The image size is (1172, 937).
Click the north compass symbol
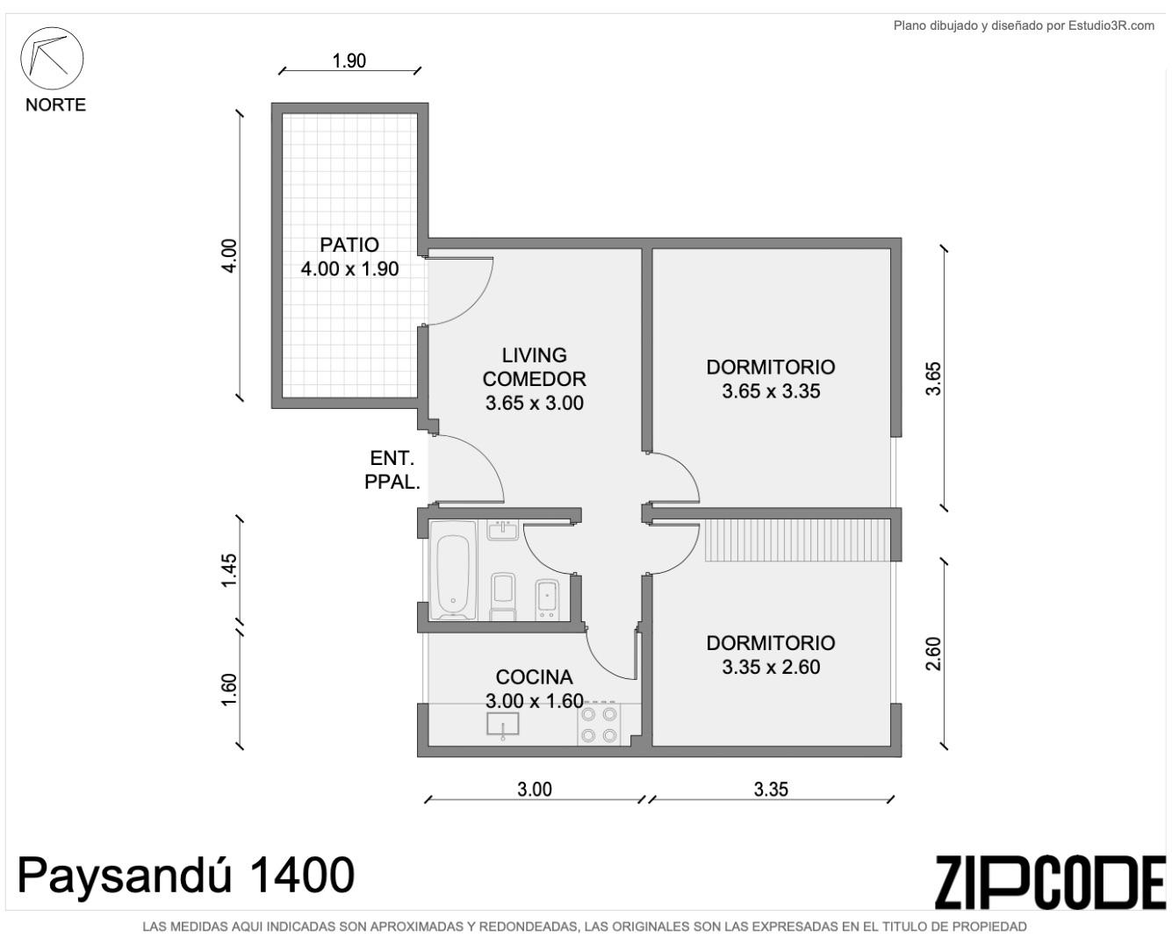coord(52,58)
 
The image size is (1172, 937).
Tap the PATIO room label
coord(349,245)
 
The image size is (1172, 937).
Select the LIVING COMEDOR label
coord(534,367)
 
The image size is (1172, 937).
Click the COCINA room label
coord(534,676)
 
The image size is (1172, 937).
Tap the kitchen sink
coord(502,725)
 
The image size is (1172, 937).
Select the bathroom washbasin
coord(503,530)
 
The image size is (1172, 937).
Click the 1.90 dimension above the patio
coord(349,61)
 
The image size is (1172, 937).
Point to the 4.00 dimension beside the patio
coord(230,256)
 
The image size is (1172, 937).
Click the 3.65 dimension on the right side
coord(933,379)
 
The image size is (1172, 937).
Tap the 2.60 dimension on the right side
coord(933,654)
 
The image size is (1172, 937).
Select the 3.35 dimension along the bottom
coord(771,790)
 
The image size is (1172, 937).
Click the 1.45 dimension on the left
coord(230,570)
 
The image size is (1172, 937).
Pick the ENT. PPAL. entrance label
coord(392,470)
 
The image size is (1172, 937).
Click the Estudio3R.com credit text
coord(1024,25)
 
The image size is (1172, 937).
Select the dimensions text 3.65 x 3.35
coord(771,391)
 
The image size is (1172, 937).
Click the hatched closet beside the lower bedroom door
coord(797,540)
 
